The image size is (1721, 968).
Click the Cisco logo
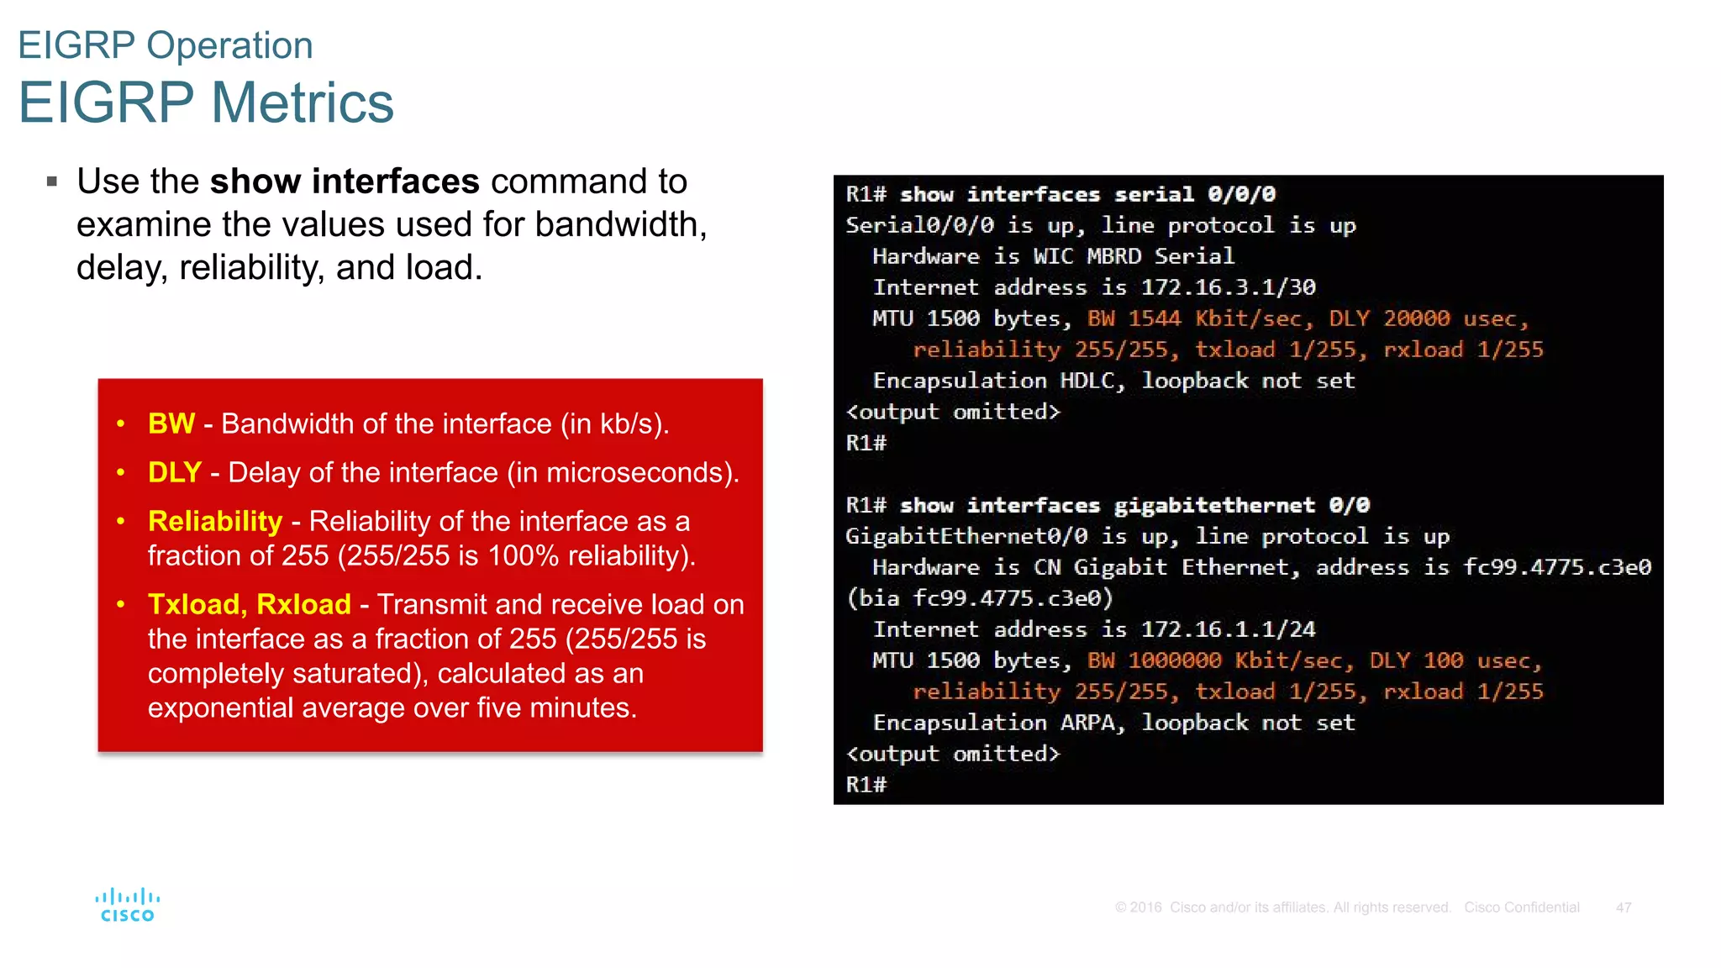128,905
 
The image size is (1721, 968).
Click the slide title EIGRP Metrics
206,103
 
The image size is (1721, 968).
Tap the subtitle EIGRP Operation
166,45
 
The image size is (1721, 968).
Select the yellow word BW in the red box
171,423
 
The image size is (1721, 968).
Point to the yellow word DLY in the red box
175,472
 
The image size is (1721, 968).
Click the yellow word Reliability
215,521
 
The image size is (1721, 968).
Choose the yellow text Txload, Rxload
250,604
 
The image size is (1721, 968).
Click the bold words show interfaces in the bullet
345,181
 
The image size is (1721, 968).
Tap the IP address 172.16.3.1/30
1228,287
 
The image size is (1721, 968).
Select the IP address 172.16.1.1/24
1228,629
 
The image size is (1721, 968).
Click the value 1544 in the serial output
1154,318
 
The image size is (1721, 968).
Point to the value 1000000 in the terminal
1174,660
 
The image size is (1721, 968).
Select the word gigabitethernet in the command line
1214,505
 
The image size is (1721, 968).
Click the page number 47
1624,907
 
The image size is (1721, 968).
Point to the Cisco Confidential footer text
1522,907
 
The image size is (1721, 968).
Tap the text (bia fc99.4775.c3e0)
979,598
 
